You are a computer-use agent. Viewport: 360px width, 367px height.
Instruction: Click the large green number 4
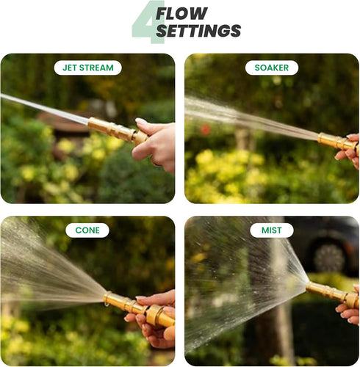tap(147, 22)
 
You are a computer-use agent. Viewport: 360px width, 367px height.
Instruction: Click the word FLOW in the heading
tap(181, 13)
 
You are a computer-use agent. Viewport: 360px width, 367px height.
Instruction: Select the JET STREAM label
tap(88, 68)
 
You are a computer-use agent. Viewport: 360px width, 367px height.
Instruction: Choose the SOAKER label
tap(271, 68)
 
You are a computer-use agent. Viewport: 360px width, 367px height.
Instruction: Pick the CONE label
tap(87, 230)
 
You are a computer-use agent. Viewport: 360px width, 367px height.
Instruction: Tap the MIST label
tap(271, 230)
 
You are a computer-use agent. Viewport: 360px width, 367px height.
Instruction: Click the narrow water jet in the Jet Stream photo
tap(44, 109)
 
